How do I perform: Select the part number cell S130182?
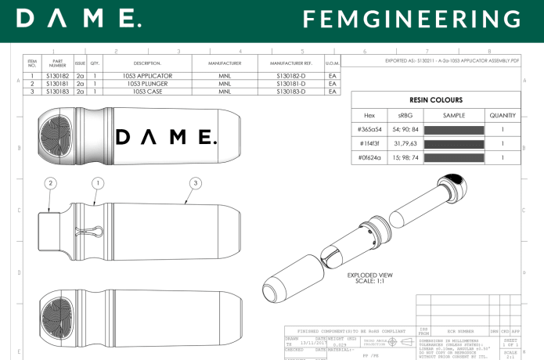(x=58, y=76)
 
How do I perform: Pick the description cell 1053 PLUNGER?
(x=146, y=84)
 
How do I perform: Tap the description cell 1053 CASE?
(x=146, y=92)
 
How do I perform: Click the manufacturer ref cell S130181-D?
(x=291, y=84)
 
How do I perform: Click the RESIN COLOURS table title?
(x=436, y=100)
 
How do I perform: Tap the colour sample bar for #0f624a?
(x=455, y=158)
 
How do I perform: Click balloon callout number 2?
(x=50, y=183)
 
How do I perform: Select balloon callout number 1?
(x=98, y=183)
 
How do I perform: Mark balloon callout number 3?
(x=195, y=183)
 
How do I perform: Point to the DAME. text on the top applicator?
(x=165, y=138)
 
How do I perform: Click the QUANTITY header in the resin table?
(x=501, y=114)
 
